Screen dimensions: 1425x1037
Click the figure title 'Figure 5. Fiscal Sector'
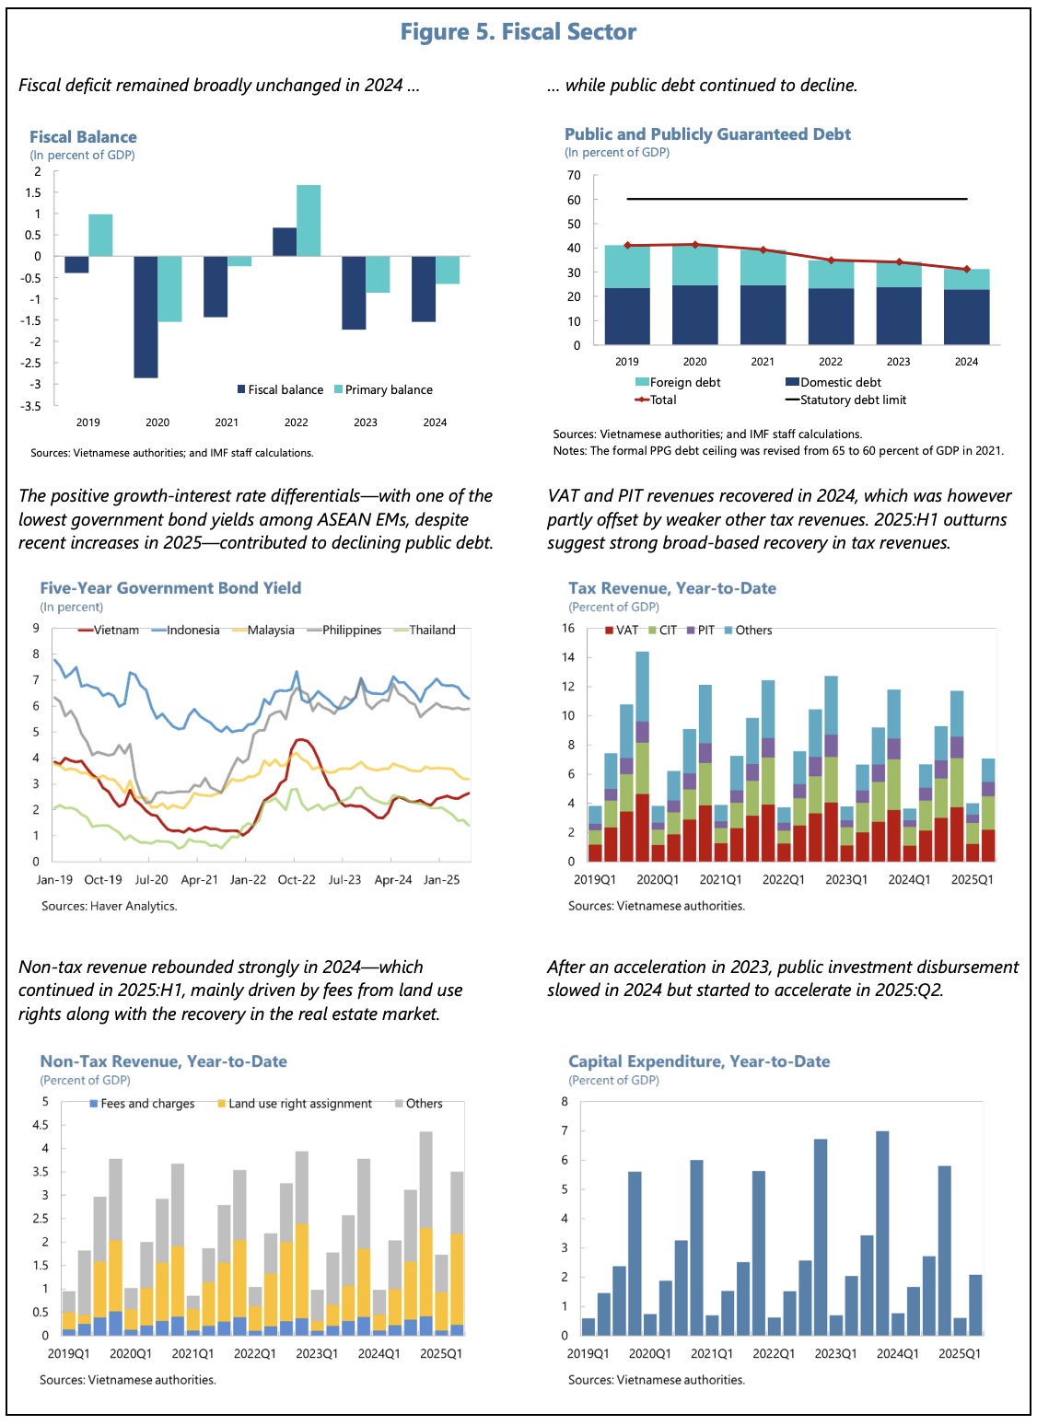[x=518, y=32]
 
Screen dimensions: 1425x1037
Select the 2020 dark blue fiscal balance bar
[x=146, y=316]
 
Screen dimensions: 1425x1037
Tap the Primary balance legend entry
[x=383, y=389]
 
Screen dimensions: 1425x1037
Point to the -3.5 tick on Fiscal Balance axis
[x=31, y=406]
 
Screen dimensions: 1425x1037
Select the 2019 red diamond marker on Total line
[x=627, y=246]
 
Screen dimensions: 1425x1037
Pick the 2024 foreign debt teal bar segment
[x=966, y=279]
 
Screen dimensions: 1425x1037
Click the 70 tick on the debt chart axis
[x=574, y=175]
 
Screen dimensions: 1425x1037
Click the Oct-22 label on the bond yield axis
[x=297, y=880]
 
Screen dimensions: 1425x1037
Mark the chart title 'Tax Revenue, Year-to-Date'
[x=671, y=588]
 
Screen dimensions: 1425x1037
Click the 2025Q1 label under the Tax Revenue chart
[x=972, y=880]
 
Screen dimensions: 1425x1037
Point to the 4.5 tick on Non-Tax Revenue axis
[x=41, y=1125]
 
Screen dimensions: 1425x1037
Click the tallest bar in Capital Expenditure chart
[x=882, y=1233]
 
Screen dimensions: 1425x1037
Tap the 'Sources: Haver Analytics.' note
[x=109, y=906]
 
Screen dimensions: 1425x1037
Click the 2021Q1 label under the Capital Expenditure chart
[x=712, y=1354]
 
